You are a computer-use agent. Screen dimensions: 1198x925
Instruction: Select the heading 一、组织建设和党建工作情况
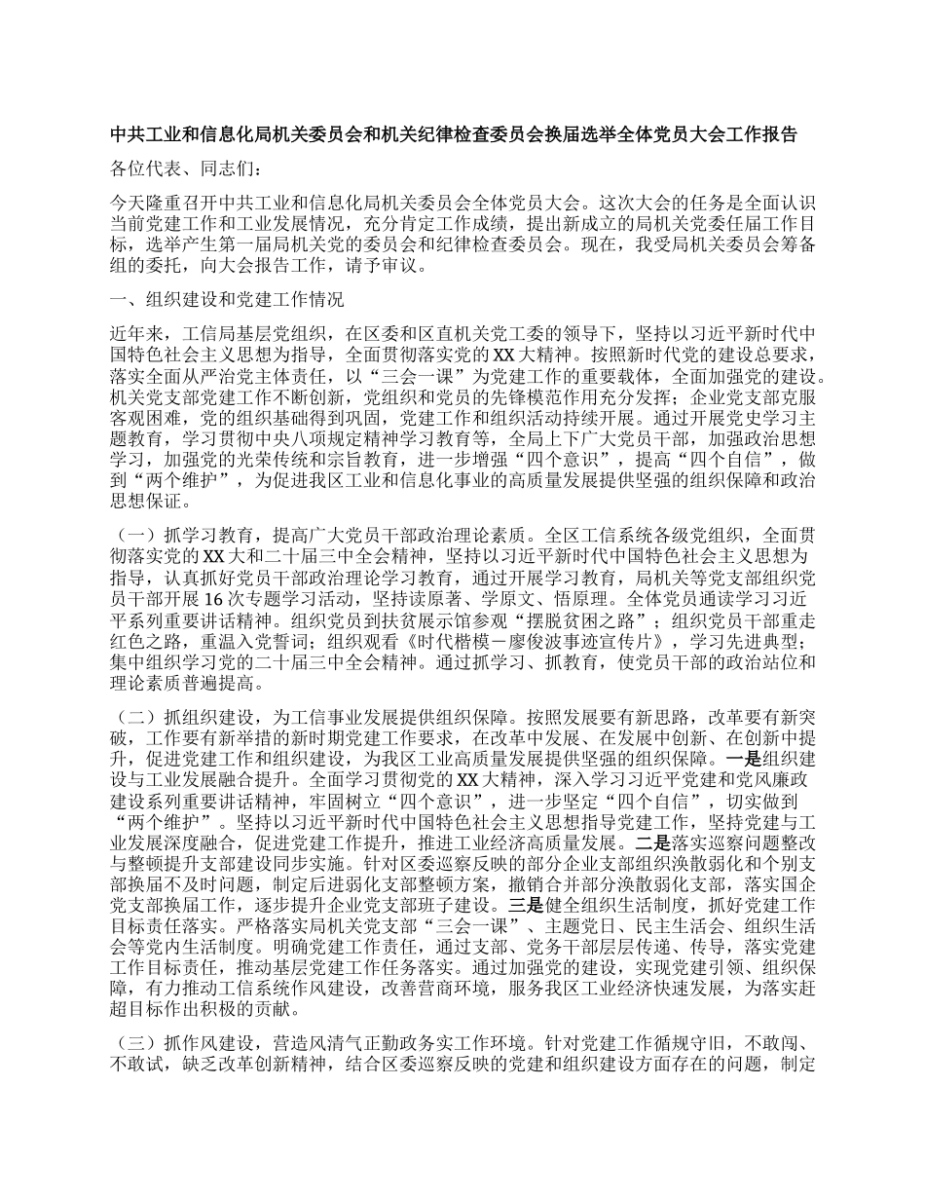[226, 298]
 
